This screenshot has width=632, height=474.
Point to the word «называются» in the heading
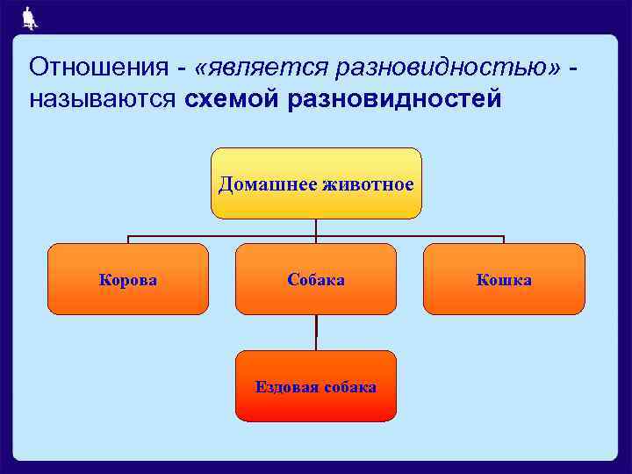pyautogui.click(x=103, y=98)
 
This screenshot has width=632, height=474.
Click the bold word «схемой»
pyautogui.click(x=230, y=98)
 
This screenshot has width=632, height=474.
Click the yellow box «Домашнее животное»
pyautogui.click(x=316, y=183)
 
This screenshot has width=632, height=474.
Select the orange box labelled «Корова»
pyautogui.click(x=128, y=279)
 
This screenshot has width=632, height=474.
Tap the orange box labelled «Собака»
pyautogui.click(x=316, y=279)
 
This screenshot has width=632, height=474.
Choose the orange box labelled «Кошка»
pyautogui.click(x=504, y=279)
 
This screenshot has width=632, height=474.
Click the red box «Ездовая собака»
pyautogui.click(x=316, y=386)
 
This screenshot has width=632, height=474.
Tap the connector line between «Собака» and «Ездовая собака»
pyautogui.click(x=316, y=333)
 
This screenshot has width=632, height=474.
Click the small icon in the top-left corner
pyautogui.click(x=29, y=16)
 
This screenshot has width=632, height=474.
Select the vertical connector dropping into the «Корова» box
pyautogui.click(x=128, y=240)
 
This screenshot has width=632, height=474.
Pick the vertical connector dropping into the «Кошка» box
pyautogui.click(x=504, y=240)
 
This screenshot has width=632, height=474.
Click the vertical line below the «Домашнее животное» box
pyautogui.click(x=316, y=227)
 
